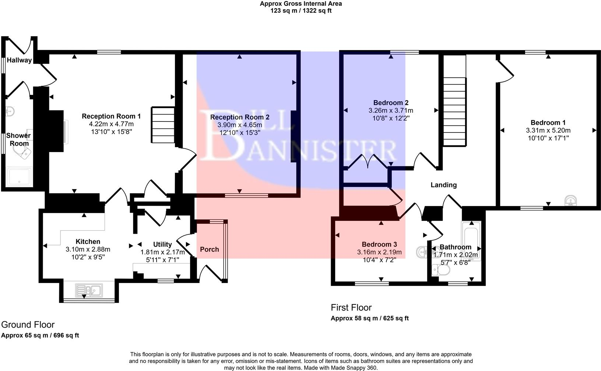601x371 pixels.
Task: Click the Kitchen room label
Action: tap(88, 241)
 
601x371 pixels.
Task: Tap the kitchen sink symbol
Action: tap(89, 290)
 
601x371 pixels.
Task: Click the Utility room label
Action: tap(162, 244)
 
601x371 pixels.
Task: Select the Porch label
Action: tap(209, 249)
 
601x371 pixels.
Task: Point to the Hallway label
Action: tap(19, 60)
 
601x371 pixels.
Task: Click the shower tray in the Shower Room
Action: tap(20, 176)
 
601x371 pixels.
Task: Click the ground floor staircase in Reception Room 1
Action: tap(163, 124)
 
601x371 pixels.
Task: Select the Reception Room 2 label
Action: tap(240, 117)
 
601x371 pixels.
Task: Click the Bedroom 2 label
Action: tap(391, 103)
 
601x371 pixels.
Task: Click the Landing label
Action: tap(443, 185)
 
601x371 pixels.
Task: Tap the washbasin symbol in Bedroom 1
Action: tap(570, 201)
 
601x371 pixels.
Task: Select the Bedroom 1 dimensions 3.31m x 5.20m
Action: tap(548, 130)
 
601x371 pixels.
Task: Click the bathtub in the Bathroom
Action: tap(471, 241)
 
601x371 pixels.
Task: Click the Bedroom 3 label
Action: tap(379, 244)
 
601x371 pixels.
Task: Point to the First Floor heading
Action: tap(351, 307)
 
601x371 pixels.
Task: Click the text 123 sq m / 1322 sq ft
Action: tap(301, 11)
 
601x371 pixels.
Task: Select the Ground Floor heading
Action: tap(28, 325)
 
